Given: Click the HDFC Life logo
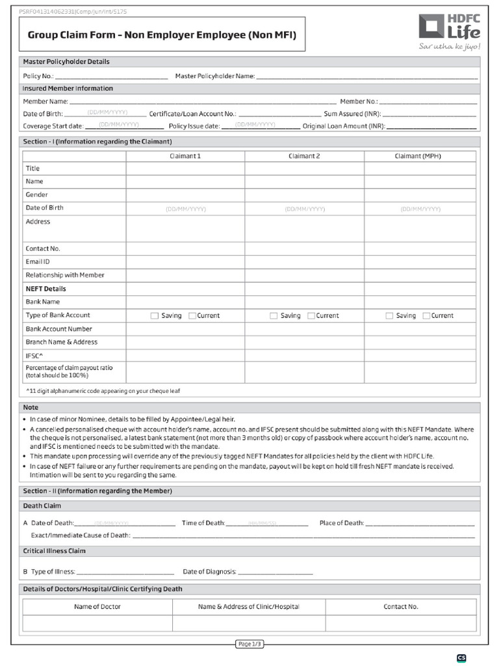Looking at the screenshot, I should click(450, 31).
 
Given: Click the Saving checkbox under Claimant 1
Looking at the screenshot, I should click(155, 315).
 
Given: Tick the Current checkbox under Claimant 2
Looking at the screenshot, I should click(311, 315).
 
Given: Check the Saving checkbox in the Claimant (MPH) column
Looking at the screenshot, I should click(389, 315).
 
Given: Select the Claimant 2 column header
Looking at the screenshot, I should click(304, 156).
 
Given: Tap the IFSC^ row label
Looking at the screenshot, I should click(34, 356).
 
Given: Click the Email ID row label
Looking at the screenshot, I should click(38, 261).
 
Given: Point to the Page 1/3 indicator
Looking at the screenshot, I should click(249, 644).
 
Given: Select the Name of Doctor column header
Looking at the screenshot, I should click(97, 607).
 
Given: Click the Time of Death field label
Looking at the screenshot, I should click(203, 523).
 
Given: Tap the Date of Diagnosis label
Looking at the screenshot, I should click(209, 572).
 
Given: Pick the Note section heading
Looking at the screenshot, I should click(31, 407).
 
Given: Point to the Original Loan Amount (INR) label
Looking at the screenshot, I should click(343, 126).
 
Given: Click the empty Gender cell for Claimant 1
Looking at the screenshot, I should click(185, 194).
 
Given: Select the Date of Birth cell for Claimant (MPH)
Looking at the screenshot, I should click(420, 209).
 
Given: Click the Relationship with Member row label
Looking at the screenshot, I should click(65, 275).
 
